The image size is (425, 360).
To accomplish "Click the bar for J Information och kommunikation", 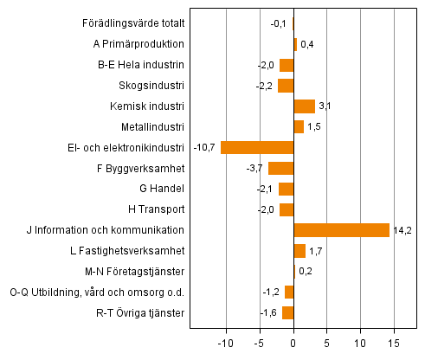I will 341,230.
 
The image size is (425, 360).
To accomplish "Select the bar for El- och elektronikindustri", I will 257,147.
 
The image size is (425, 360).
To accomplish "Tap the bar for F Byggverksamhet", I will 280,168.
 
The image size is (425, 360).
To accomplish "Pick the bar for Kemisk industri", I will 304,106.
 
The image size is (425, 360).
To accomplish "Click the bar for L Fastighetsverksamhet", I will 299,251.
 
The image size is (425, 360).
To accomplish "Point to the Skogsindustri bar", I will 286,86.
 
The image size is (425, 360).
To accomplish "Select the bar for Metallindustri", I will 299,127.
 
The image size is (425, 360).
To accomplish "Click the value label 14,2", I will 402,230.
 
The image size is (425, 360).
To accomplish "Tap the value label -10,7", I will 205,147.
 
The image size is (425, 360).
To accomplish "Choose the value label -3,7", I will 256,168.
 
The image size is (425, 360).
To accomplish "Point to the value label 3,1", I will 325,106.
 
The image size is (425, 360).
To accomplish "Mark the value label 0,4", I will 306,44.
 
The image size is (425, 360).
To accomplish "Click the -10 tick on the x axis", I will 226,342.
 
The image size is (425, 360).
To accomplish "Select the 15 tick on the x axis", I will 394,342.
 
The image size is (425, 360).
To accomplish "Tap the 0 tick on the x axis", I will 293,342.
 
